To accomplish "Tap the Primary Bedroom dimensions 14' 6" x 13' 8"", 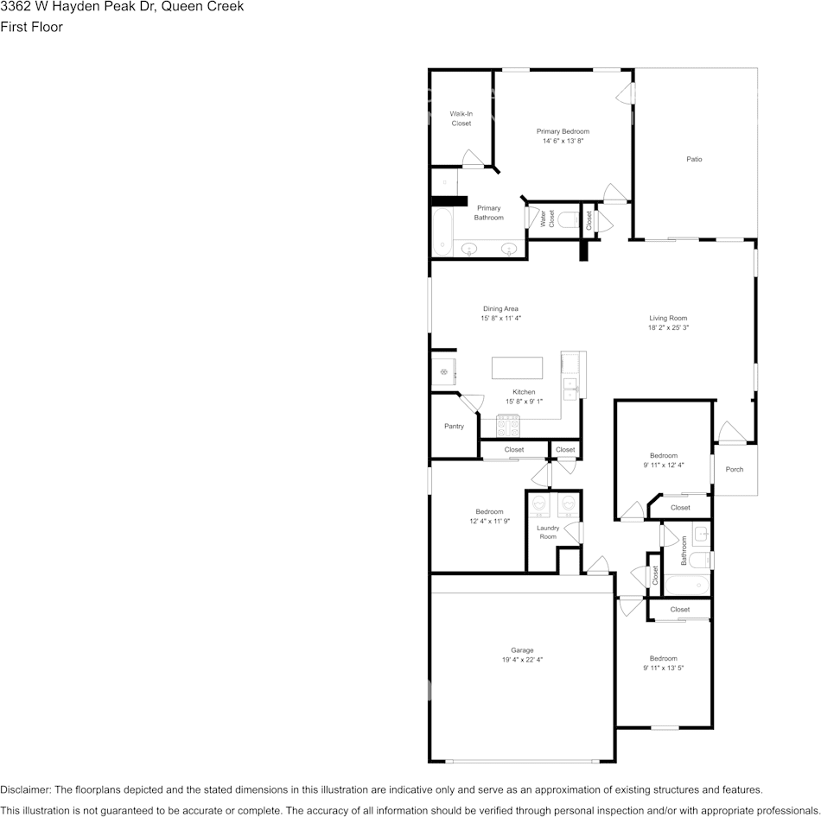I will click(563, 141).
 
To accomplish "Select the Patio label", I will click(694, 159).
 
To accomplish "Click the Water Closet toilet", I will click(568, 219).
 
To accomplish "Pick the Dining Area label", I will click(500, 308).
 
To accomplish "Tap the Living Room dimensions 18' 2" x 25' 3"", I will click(668, 327).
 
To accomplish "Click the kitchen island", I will click(518, 368).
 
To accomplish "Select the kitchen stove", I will click(507, 426).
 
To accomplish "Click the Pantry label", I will click(454, 426).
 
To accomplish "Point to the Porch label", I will click(734, 470).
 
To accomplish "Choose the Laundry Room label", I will click(548, 532).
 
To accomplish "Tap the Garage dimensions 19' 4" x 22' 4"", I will click(522, 660).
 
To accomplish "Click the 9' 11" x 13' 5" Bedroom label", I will click(663, 658).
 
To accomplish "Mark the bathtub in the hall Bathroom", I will click(688, 586).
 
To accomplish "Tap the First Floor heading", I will click(31, 27).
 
